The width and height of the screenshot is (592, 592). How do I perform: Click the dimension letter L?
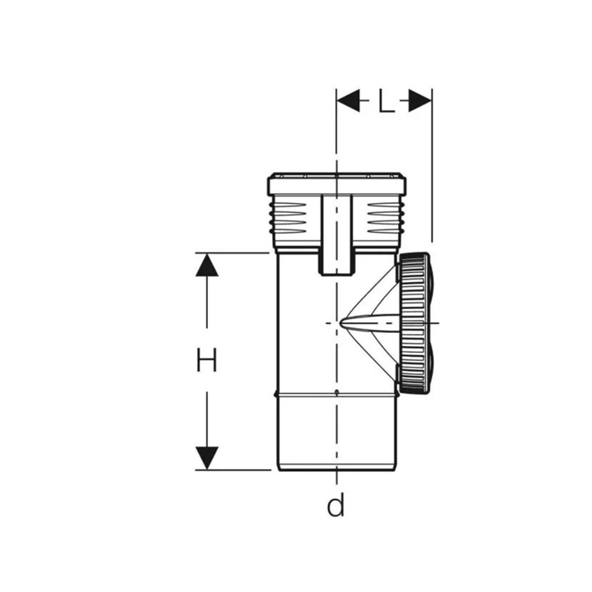coord(386,102)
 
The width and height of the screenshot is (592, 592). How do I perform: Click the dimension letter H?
coord(206,360)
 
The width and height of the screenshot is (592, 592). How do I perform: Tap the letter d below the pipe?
coord(335,505)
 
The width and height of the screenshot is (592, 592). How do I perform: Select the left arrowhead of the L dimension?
coord(348,101)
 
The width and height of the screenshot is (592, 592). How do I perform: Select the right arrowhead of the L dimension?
coord(420,101)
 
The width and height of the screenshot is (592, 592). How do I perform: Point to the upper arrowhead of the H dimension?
coord(207,265)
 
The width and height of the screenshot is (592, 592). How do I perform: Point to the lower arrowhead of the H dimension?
coord(207,458)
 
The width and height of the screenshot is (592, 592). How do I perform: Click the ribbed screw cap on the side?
coord(414,324)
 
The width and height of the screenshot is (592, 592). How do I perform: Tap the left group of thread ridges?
coord(288,218)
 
